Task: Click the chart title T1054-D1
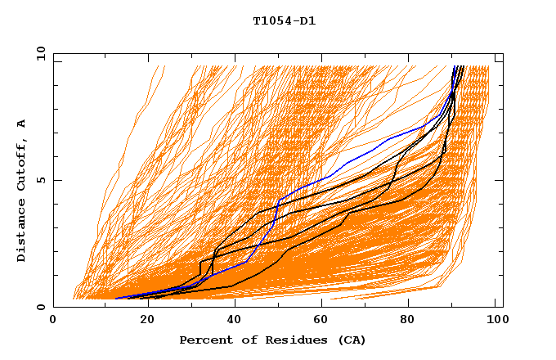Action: click(x=284, y=21)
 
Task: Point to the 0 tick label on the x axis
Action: click(x=53, y=321)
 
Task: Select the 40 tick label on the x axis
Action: click(x=235, y=321)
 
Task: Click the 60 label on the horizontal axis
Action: click(x=323, y=321)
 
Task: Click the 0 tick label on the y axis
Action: click(x=41, y=308)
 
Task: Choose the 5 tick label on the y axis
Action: click(x=41, y=180)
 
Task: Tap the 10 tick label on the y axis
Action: click(x=38, y=53)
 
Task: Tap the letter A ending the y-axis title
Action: click(x=21, y=123)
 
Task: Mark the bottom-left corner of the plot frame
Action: click(x=54, y=307)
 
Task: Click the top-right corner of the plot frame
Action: click(x=502, y=53)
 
